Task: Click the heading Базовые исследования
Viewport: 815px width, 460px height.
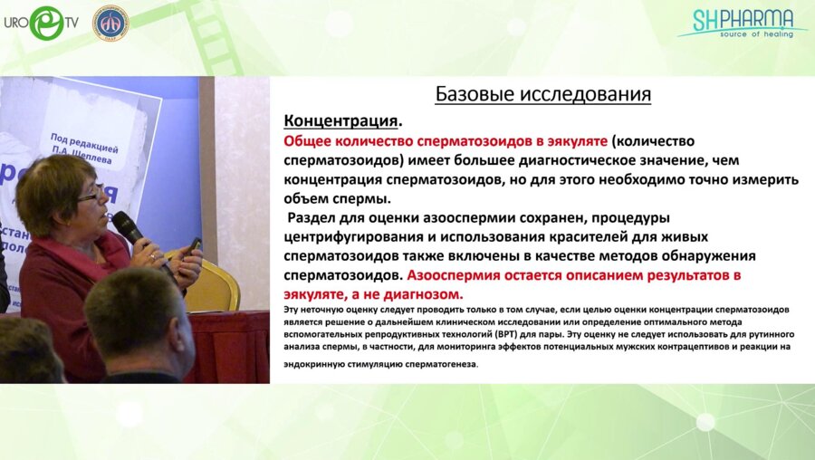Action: point(543,94)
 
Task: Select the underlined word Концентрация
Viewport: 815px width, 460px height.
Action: point(341,120)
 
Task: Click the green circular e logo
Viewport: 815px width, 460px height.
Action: point(45,24)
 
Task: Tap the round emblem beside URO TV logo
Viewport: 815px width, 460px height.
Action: point(110,23)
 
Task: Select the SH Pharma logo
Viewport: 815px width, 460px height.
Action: point(743,22)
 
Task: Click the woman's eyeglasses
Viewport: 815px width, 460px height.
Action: point(90,195)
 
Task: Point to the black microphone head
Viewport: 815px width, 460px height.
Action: point(124,224)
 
